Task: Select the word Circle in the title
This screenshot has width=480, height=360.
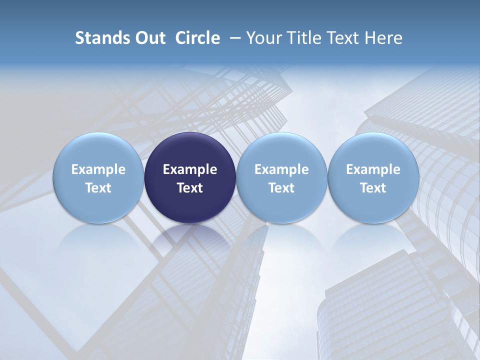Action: [197, 38]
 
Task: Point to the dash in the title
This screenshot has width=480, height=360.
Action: [233, 37]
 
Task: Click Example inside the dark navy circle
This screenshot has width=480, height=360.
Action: [190, 169]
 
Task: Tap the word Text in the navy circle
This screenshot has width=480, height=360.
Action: [190, 188]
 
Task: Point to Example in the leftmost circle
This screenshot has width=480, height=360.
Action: [98, 169]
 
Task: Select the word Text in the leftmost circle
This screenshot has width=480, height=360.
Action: [98, 188]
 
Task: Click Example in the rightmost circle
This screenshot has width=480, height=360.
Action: [373, 169]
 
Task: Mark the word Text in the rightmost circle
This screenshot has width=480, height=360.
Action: [373, 188]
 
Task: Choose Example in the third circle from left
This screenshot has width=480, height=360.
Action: [281, 169]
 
